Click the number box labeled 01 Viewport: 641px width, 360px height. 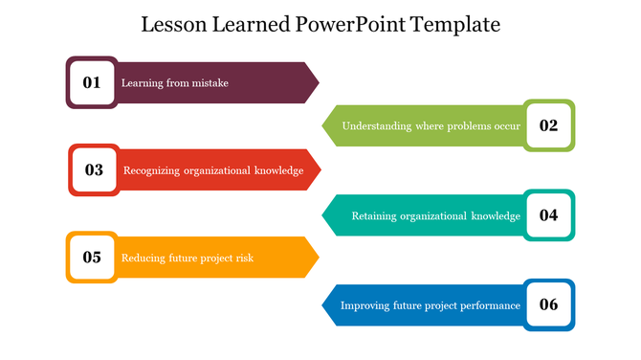(92, 82)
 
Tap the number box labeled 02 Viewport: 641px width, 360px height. (549, 125)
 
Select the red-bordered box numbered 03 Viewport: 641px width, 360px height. (94, 169)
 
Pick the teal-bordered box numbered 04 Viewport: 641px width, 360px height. (549, 215)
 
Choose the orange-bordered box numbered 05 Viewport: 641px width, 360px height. (92, 257)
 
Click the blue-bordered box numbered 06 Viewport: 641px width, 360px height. (549, 305)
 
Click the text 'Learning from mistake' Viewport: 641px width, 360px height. (175, 83)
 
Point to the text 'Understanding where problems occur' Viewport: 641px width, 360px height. (431, 126)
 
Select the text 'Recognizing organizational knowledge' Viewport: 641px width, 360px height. (213, 170)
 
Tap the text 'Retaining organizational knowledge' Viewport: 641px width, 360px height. (436, 215)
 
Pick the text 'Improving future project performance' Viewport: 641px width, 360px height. (431, 306)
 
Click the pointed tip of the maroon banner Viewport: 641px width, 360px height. (318, 82)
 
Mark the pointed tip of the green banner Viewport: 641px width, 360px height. (323, 125)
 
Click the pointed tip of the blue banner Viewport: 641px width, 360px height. (323, 305)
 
